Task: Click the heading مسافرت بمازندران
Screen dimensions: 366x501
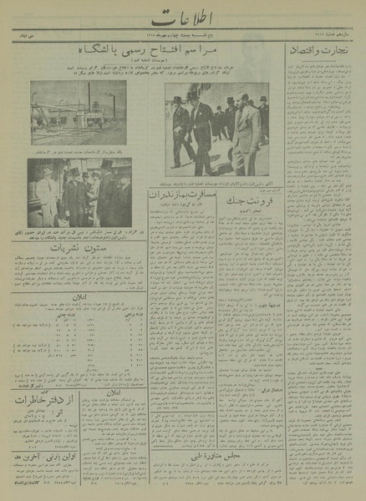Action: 173,195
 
